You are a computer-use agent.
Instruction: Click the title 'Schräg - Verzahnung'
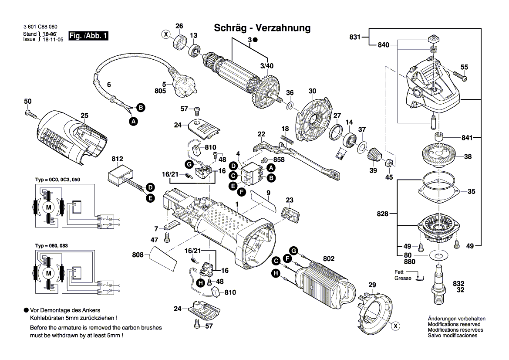coord(262,28)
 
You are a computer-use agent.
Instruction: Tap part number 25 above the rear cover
coord(84,115)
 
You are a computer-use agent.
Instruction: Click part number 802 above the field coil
coord(329,259)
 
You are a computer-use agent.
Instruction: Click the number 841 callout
coord(467,138)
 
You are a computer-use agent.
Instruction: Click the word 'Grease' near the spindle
coord(403,278)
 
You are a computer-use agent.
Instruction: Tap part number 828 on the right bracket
coord(383,214)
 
